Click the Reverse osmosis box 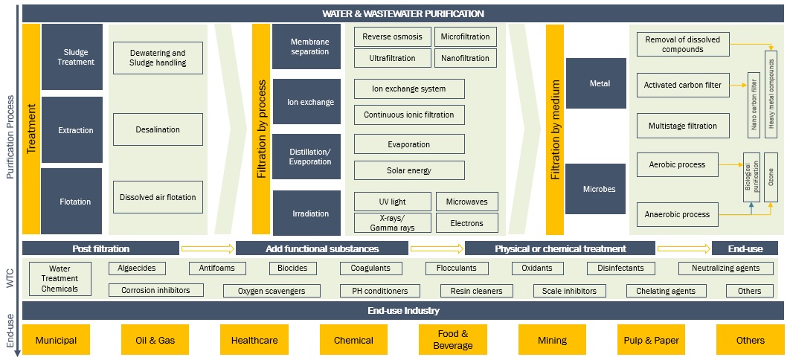tap(392, 37)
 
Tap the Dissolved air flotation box tap(158, 197)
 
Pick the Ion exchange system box tap(409, 89)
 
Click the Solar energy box tap(409, 170)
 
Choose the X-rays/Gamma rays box tap(392, 222)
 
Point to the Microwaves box tap(466, 202)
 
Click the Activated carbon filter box tap(683, 85)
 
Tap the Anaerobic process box tap(677, 214)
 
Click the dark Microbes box tap(596, 189)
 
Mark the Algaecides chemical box tap(137, 268)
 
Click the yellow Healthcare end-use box tap(254, 340)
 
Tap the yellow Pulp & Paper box tap(651, 340)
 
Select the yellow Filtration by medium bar tap(555, 129)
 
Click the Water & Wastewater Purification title tap(402, 13)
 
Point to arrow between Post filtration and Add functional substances tap(208, 248)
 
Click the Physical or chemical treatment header tap(561, 248)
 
